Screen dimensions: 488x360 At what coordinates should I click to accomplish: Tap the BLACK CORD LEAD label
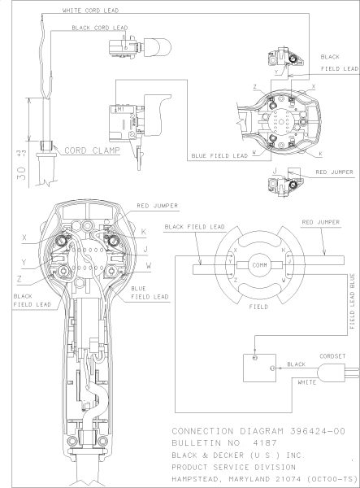click(101, 28)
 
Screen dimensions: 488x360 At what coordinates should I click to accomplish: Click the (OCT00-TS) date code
click(334, 480)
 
